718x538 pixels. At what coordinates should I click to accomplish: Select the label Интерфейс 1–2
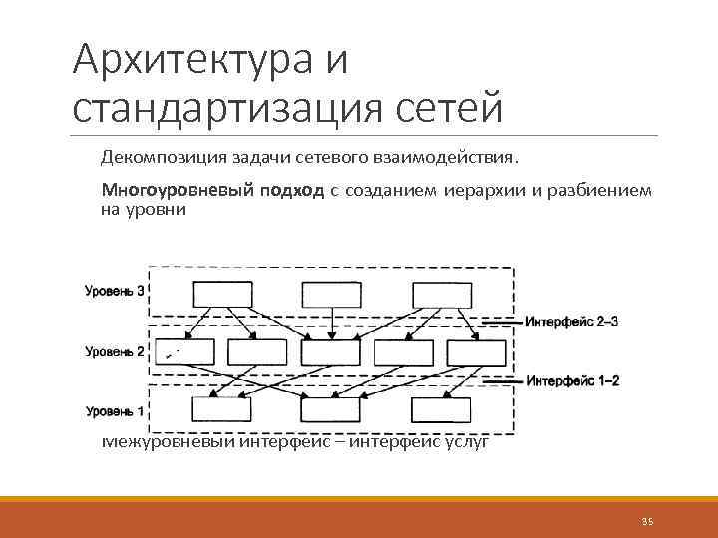point(572,381)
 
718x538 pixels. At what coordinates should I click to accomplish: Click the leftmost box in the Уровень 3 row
point(221,294)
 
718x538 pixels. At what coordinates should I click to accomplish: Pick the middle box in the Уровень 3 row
point(331,294)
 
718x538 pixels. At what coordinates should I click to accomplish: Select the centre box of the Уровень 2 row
point(330,352)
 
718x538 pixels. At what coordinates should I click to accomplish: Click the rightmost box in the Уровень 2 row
point(477,352)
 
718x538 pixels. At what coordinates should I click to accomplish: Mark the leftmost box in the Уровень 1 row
point(221,410)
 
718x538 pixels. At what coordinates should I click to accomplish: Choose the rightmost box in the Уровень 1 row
point(441,410)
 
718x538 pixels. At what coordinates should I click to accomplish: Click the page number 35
point(647,521)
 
